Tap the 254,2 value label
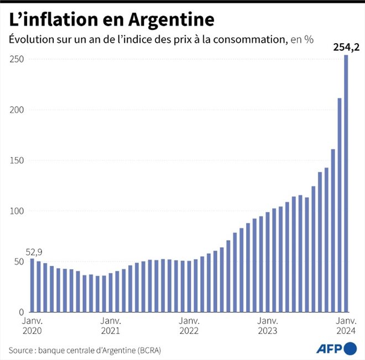coord(347,48)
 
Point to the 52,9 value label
coord(32,250)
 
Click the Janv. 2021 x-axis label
coord(111,326)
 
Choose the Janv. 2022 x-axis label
coord(189,326)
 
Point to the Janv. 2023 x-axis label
coord(268,326)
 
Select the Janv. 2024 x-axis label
coord(346,326)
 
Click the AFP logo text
coord(329,348)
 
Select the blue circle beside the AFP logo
coord(351,348)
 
